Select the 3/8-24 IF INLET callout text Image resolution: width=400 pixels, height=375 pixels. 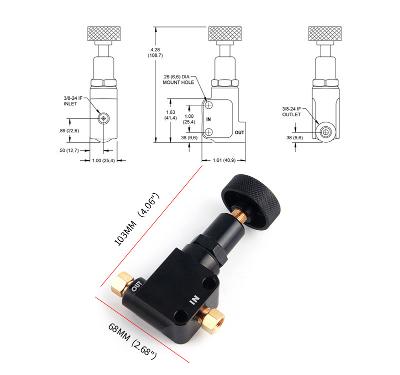(73, 101)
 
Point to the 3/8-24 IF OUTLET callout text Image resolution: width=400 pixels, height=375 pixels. (291, 111)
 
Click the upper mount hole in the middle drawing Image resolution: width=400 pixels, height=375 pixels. (208, 105)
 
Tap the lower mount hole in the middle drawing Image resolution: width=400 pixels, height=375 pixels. (208, 132)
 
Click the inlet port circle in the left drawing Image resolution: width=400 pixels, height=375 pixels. (103, 118)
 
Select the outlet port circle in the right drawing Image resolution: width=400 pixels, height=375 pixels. (325, 132)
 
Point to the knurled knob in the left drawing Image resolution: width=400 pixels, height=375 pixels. (104, 33)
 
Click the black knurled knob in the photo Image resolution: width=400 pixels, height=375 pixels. (251, 201)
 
